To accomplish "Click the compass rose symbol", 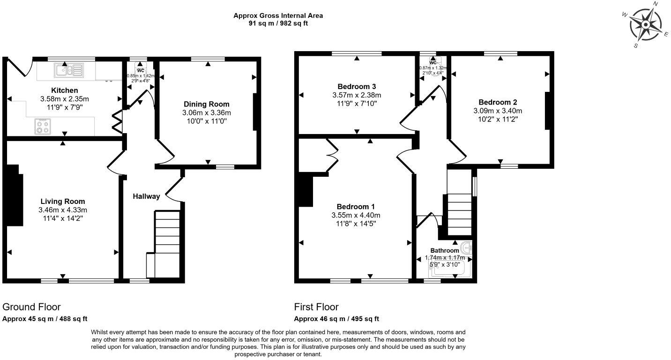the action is pos(646,24).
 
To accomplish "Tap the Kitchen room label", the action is pos(65,90).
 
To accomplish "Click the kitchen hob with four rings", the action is pos(43,126).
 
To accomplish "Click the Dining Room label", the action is pos(207,104).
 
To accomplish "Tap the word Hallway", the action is pos(146,196).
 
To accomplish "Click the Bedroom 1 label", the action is pos(356,207).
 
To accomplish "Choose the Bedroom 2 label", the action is pos(497,102).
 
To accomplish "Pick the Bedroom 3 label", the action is pos(357,86).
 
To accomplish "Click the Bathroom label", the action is pos(445,251).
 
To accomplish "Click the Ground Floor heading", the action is pos(31,307).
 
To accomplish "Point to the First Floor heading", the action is pos(316,307).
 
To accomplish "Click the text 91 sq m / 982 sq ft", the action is pos(278,23).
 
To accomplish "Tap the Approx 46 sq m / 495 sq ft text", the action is pos(336,319).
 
